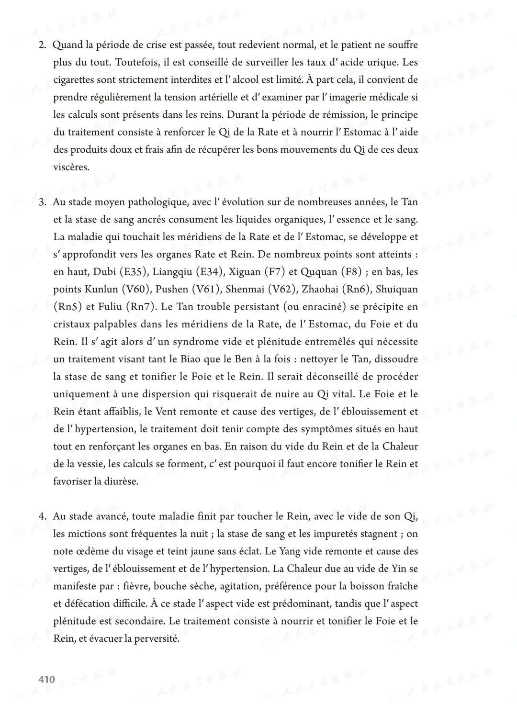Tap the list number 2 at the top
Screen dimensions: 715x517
click(42, 45)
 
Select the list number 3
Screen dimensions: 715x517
click(42, 202)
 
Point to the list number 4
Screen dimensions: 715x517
click(42, 516)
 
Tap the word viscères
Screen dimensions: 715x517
click(71, 168)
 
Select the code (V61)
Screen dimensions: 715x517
click(206, 290)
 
